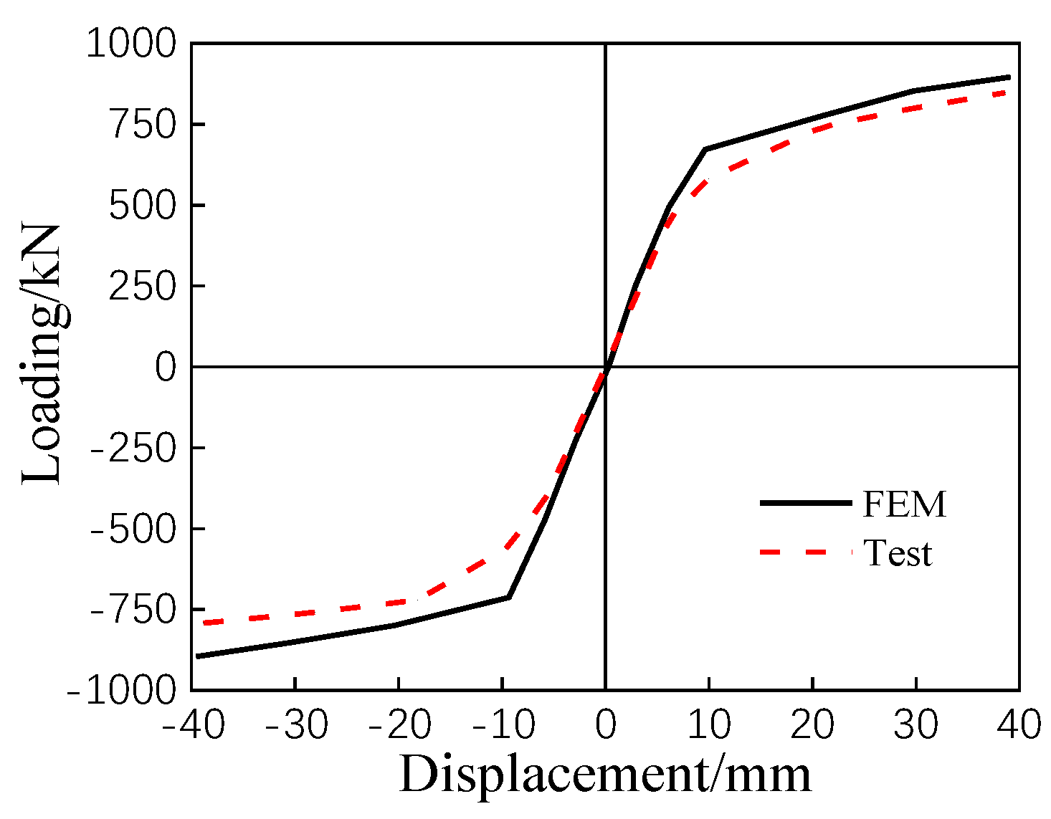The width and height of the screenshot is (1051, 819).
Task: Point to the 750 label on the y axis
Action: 142,125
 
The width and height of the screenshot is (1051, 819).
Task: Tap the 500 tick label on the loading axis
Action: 142,206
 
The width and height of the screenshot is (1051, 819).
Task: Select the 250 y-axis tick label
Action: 142,287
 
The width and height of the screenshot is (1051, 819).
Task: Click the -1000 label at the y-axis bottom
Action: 121,691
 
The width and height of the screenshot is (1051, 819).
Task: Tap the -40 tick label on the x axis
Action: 194,725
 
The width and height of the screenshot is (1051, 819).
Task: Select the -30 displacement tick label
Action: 296,725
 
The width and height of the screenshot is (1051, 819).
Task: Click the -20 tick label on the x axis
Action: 399,725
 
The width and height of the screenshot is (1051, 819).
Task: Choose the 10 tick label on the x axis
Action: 709,725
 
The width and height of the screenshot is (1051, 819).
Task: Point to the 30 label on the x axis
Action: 916,725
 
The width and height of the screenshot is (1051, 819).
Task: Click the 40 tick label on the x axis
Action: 1019,725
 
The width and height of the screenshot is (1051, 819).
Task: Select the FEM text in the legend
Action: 904,504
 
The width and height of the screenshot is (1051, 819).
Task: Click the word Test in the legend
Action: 898,553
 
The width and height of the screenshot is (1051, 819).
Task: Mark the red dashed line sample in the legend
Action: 805,552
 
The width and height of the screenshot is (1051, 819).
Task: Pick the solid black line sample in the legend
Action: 805,503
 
